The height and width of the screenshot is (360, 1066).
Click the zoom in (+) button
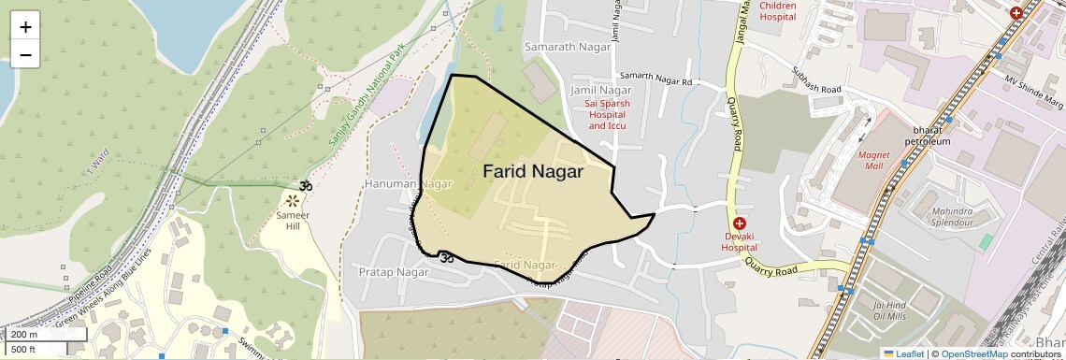[25, 26]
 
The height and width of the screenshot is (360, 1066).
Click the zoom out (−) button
[25, 54]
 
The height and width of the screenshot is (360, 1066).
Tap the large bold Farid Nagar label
[533, 172]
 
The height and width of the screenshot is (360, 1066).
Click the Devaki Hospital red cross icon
[739, 223]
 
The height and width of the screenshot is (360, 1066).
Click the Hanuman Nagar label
[409, 184]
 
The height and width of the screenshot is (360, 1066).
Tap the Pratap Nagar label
[393, 272]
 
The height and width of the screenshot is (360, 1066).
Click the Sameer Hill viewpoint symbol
[294, 200]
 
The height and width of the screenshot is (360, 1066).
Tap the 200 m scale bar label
[24, 335]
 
